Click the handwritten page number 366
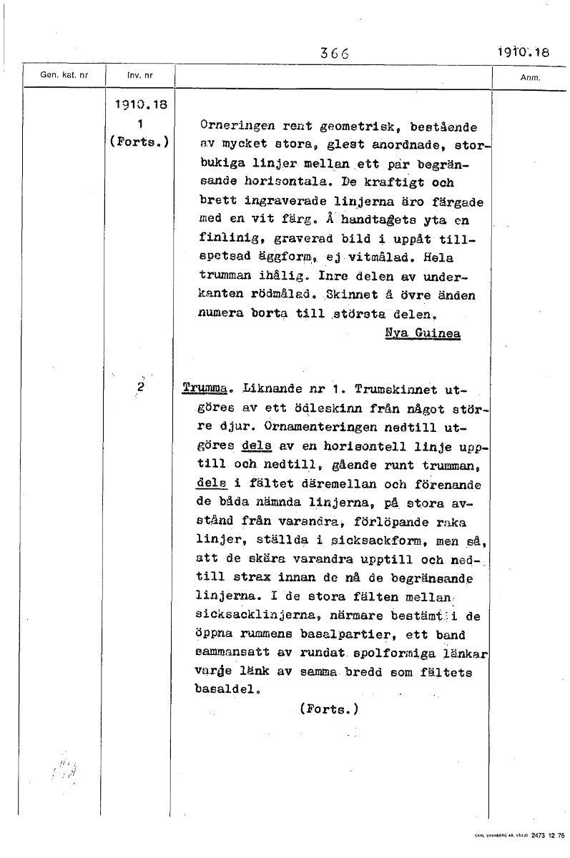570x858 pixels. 334,52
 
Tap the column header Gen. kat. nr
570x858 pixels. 64,75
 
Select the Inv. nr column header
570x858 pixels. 139,75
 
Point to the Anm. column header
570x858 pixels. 531,77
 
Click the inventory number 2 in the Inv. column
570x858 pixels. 140,387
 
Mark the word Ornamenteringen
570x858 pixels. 315,427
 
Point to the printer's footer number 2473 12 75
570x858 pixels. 548,834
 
